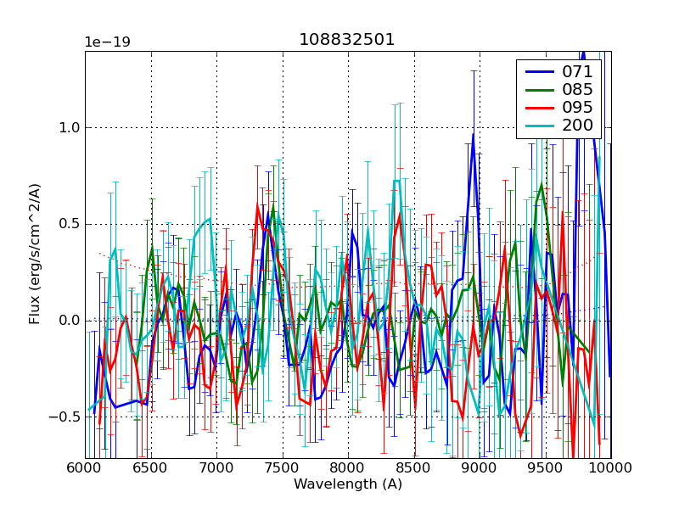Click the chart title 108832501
tap(346, 40)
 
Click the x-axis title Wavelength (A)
tap(348, 484)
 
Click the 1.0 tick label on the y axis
tap(68, 128)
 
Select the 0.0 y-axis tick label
tap(68, 321)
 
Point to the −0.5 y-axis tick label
tap(64, 417)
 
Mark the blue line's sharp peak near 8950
tap(474, 134)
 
